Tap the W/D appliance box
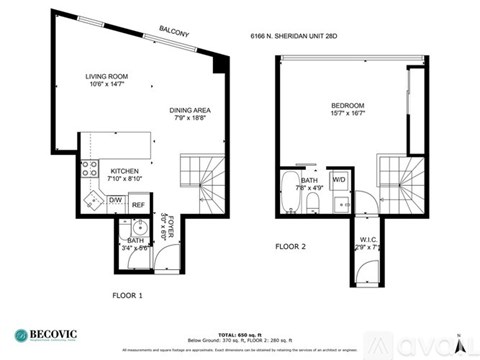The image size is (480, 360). [x=339, y=180]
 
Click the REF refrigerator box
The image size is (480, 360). [x=139, y=206]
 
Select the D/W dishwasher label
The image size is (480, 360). [x=115, y=201]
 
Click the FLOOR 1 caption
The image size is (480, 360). [x=129, y=295]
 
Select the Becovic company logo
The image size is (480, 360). [x=49, y=334]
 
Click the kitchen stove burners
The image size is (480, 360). [x=88, y=170]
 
